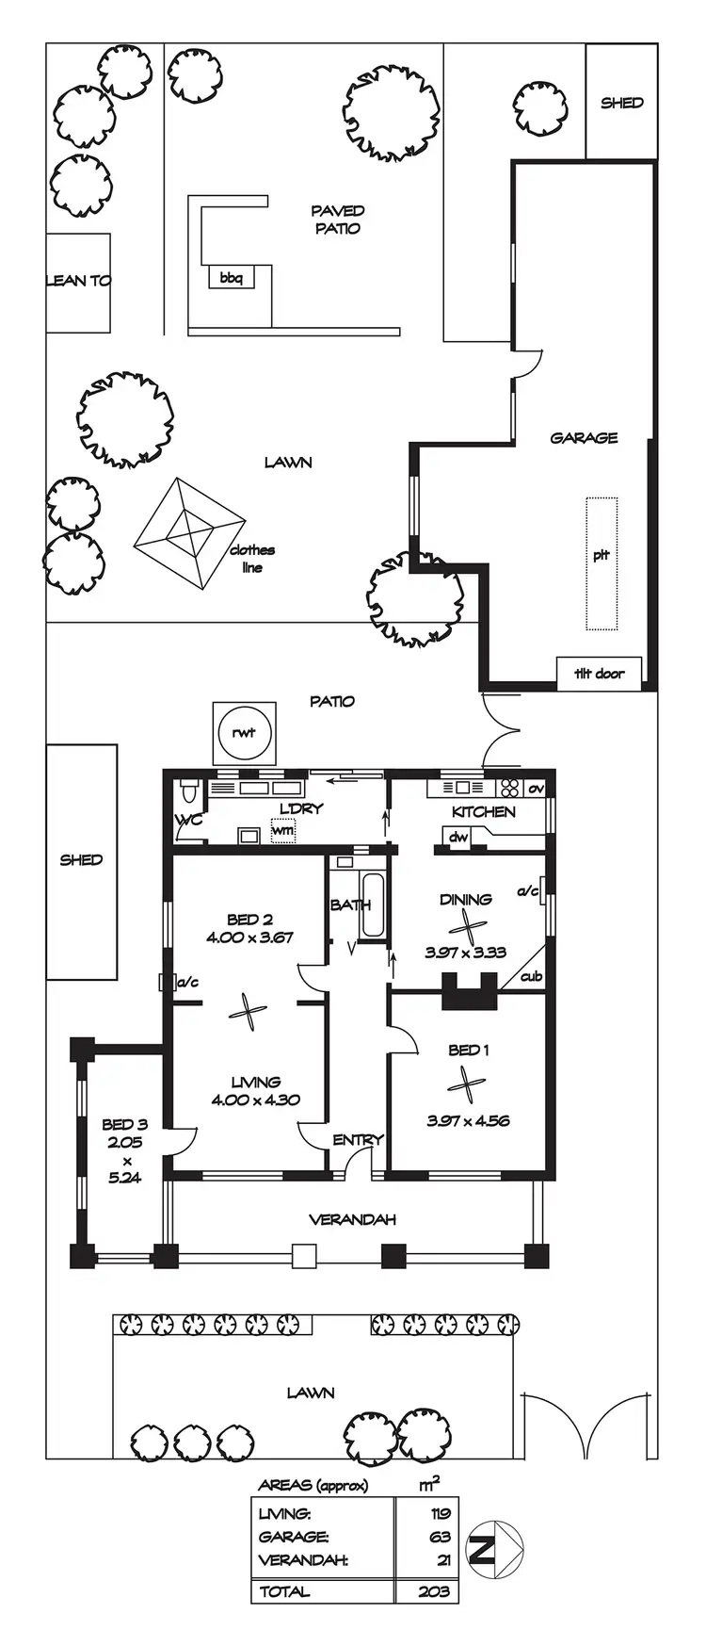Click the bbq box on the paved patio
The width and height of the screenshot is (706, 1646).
pyautogui.click(x=231, y=278)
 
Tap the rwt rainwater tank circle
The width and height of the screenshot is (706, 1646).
pyautogui.click(x=244, y=733)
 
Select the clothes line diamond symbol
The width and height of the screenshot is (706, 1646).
pyautogui.click(x=190, y=533)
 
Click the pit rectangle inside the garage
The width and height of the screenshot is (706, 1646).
pyautogui.click(x=602, y=563)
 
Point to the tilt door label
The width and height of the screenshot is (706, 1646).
pyautogui.click(x=599, y=673)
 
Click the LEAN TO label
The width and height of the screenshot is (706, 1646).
pyautogui.click(x=78, y=280)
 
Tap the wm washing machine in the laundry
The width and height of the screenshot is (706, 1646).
pyautogui.click(x=282, y=831)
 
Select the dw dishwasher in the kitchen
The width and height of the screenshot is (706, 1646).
pyautogui.click(x=458, y=837)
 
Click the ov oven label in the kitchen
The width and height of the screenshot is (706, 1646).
pyautogui.click(x=536, y=788)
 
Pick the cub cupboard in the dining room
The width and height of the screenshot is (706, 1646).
pyautogui.click(x=531, y=977)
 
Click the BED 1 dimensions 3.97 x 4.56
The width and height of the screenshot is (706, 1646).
pyautogui.click(x=468, y=1120)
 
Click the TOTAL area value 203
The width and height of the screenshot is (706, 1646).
pyautogui.click(x=436, y=1591)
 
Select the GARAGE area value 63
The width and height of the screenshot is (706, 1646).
pyautogui.click(x=441, y=1537)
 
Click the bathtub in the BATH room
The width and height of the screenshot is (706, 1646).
pyautogui.click(x=373, y=905)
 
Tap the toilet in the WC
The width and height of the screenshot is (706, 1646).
pyautogui.click(x=189, y=789)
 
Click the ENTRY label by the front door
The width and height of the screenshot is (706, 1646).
pyautogui.click(x=358, y=1139)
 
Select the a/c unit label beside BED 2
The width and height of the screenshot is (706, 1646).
pyautogui.click(x=187, y=983)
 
